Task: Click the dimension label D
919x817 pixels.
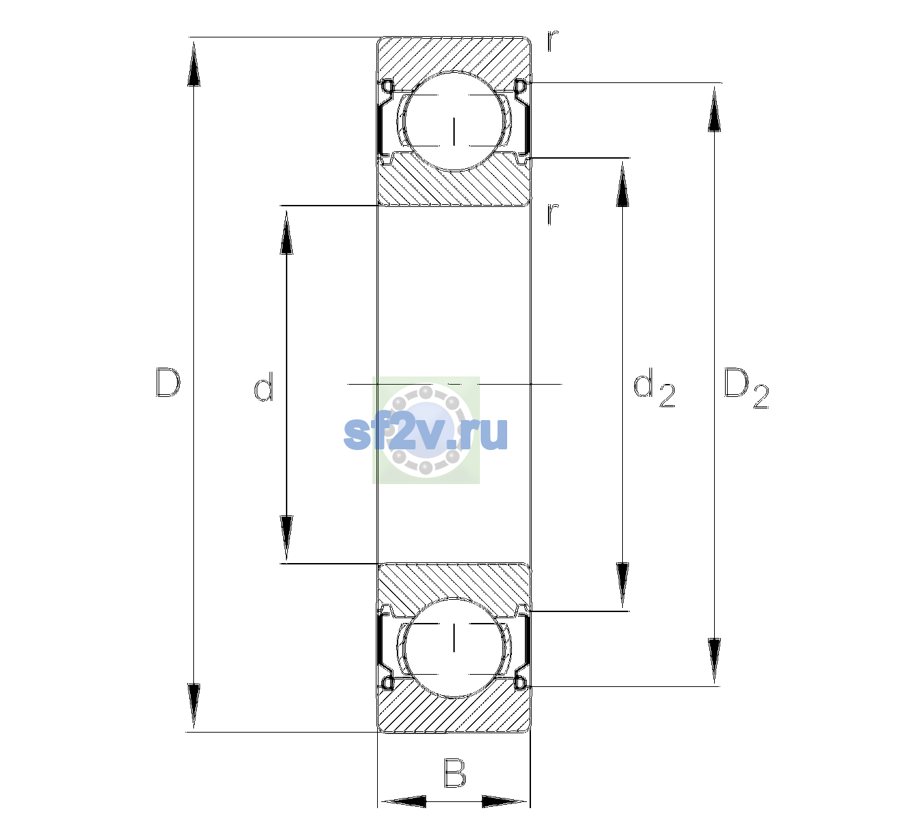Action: [168, 383]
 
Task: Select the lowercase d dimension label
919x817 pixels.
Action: [263, 387]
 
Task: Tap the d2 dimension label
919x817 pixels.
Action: [654, 388]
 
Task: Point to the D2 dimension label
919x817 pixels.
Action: [746, 389]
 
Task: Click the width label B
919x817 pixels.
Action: [455, 773]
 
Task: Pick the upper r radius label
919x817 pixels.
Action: [553, 41]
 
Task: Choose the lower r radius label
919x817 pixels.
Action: [553, 214]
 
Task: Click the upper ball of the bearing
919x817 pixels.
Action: [454, 121]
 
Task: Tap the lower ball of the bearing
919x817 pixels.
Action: [454, 647]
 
